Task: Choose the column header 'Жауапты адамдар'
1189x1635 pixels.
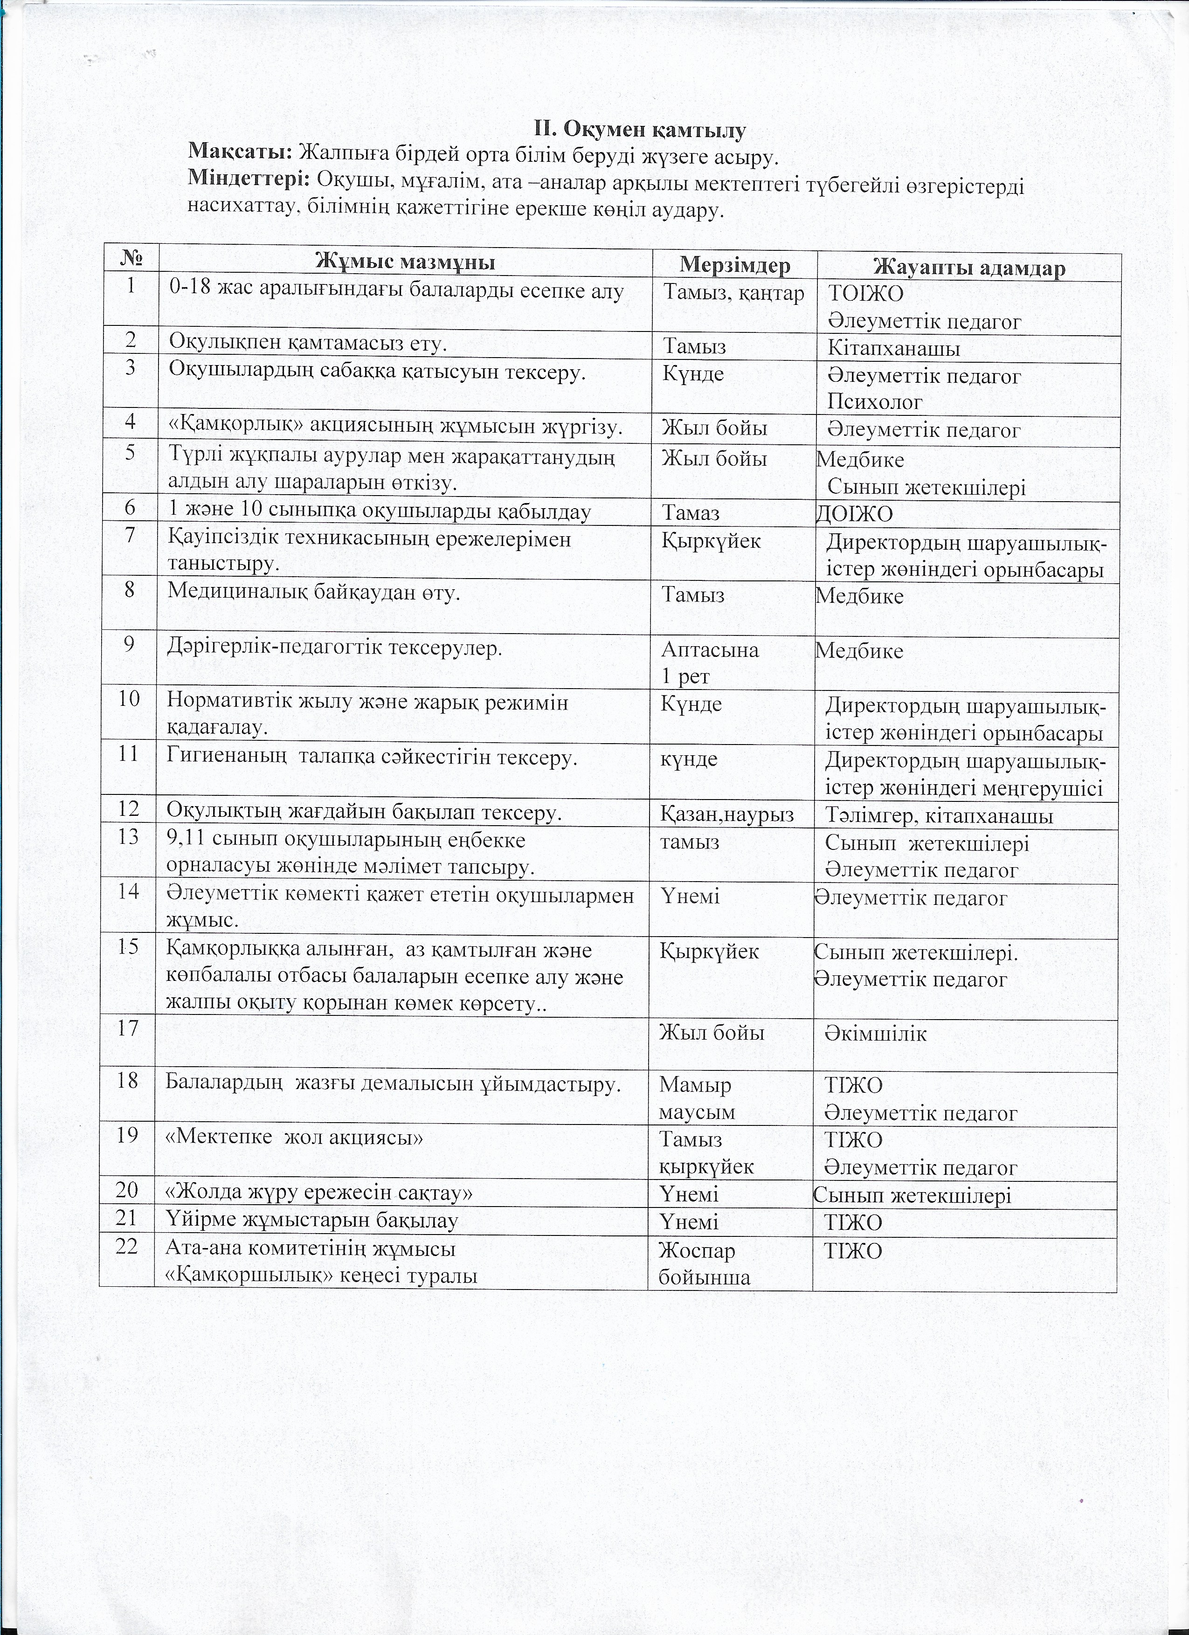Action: [x=969, y=268]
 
